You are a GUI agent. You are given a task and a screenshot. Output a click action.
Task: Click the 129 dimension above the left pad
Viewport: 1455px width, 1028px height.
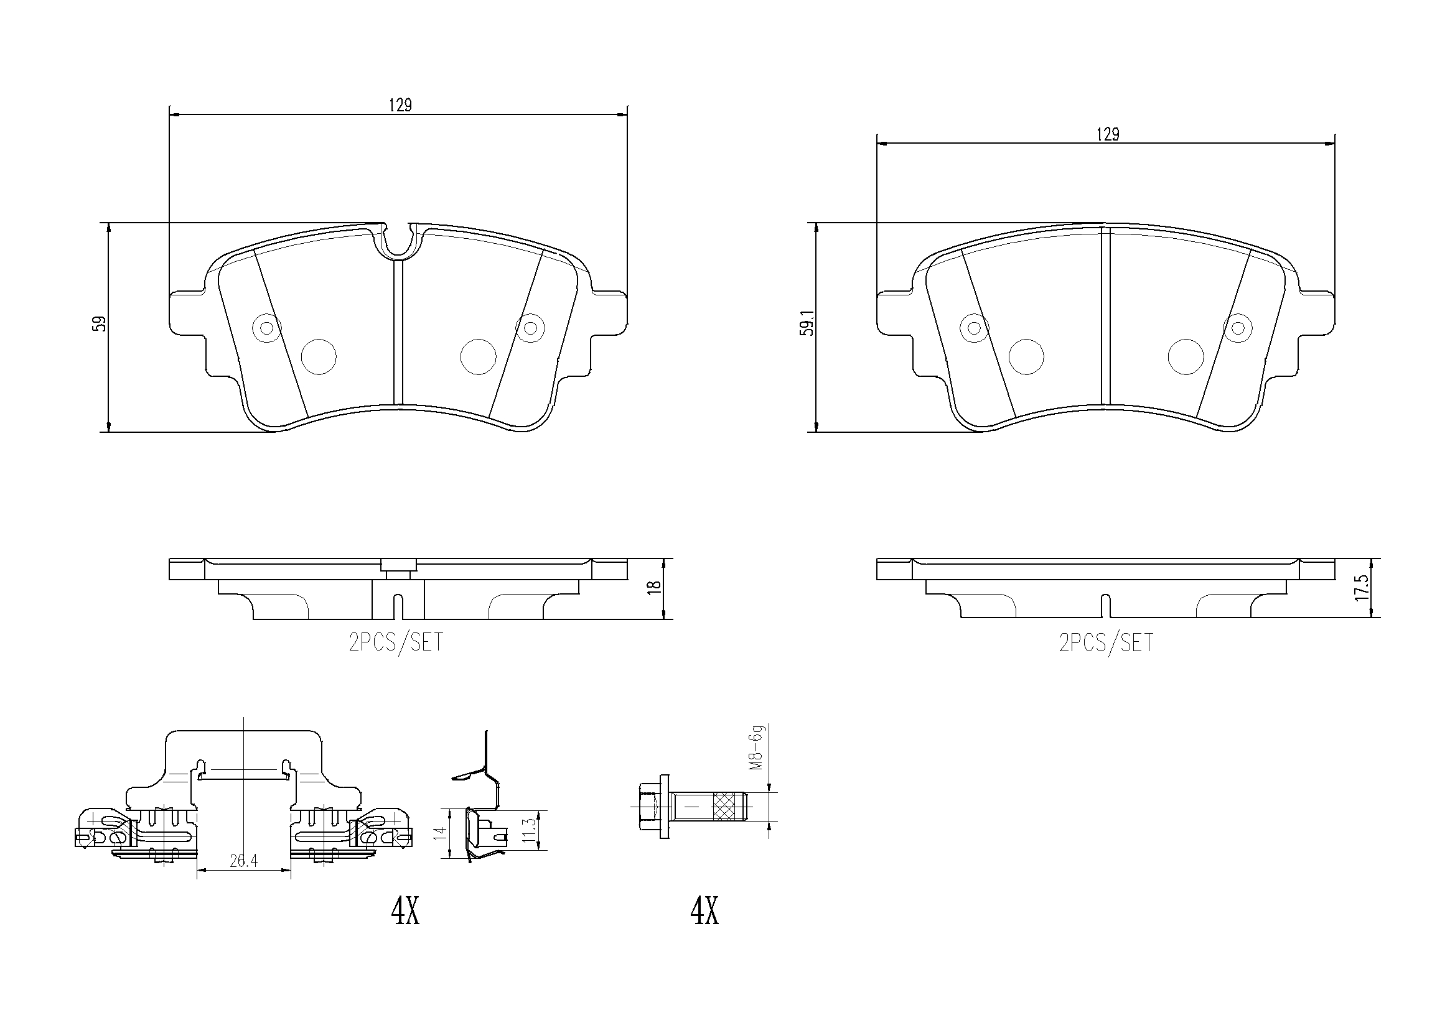[400, 105]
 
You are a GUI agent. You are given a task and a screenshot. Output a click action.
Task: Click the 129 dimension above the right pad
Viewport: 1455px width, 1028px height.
[1108, 134]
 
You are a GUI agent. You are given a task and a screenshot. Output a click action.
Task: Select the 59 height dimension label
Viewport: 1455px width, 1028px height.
[100, 324]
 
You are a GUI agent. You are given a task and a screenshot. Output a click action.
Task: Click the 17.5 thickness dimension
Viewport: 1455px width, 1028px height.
[1362, 588]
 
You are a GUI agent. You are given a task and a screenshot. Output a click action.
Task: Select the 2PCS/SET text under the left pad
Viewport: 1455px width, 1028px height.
[396, 643]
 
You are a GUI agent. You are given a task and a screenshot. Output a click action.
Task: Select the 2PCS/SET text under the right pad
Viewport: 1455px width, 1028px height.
[1106, 643]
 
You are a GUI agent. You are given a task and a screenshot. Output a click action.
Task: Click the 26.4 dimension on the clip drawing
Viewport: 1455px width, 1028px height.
[243, 861]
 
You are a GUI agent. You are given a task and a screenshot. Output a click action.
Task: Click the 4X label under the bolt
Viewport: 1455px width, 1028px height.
[704, 911]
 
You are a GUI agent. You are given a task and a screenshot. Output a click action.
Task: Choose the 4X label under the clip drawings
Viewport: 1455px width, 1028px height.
[405, 911]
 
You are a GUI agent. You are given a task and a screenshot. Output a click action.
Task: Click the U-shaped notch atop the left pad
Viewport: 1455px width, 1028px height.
[398, 242]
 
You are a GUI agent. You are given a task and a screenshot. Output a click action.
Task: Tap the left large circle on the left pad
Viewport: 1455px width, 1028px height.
[318, 356]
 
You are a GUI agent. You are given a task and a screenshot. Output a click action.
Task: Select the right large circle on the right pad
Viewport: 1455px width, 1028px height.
[1185, 356]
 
